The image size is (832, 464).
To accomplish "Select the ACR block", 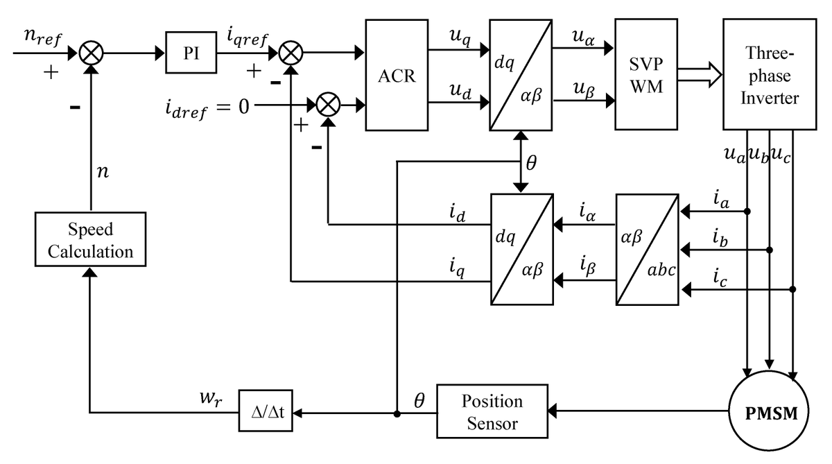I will [x=397, y=75].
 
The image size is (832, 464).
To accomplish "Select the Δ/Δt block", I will [x=266, y=413].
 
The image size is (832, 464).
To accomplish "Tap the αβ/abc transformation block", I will [x=646, y=250].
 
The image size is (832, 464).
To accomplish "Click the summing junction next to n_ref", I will [x=90, y=53].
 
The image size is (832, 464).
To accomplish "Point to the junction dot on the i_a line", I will [x=748, y=211].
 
